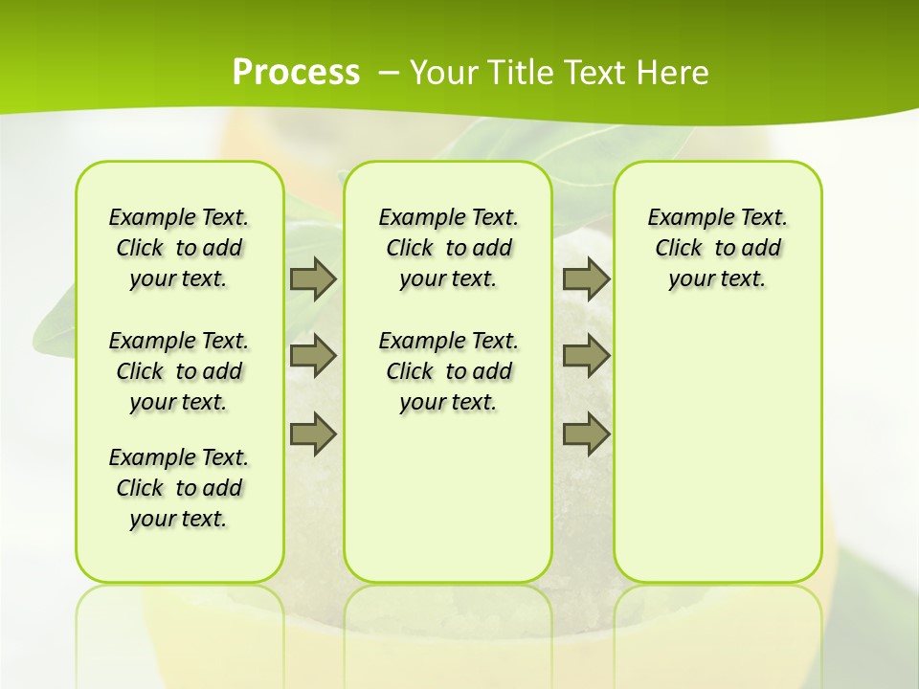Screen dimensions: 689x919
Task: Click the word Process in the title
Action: pos(296,72)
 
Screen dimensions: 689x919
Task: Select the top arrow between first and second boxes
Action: pos(313,279)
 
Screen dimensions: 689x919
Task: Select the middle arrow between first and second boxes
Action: pos(313,356)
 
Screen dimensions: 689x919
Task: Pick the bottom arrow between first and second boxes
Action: pos(313,433)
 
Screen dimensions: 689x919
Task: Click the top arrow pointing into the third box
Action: pos(586,279)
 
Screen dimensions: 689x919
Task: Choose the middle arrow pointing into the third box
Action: pos(586,356)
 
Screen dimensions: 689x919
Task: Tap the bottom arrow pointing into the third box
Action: pos(586,433)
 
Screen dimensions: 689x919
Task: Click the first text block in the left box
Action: pos(179,248)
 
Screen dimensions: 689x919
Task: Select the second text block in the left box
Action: pos(179,371)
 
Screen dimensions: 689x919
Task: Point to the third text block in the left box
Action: pos(179,488)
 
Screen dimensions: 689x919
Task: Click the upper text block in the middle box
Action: pos(448,248)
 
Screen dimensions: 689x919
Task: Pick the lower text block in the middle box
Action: pos(448,371)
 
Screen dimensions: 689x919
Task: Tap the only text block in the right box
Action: pos(717,248)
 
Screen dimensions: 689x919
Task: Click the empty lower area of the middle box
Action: pos(448,498)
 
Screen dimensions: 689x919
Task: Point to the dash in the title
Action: pos(389,73)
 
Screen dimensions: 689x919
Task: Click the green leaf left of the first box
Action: pos(54,325)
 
